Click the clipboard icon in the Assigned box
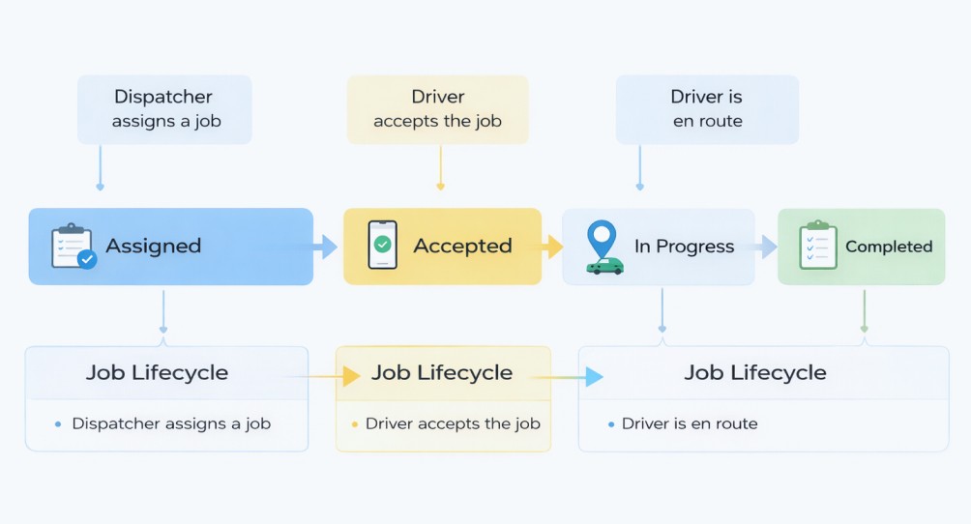pos(73,247)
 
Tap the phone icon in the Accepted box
pos(382,246)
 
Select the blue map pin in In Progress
pos(602,237)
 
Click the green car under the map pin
pos(605,265)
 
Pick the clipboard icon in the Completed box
pos(817,246)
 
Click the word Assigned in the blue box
pos(154,247)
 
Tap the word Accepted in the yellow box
pos(462,247)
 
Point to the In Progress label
pos(684,247)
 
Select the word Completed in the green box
pos(889,247)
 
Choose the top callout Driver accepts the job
pos(438,109)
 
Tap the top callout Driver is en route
pos(708,109)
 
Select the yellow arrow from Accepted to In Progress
pos(553,247)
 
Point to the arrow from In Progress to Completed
pos(766,247)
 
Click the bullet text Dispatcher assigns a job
pos(171,423)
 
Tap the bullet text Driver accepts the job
pos(453,423)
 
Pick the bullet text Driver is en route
pos(690,423)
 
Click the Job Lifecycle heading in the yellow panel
pos(442,373)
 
